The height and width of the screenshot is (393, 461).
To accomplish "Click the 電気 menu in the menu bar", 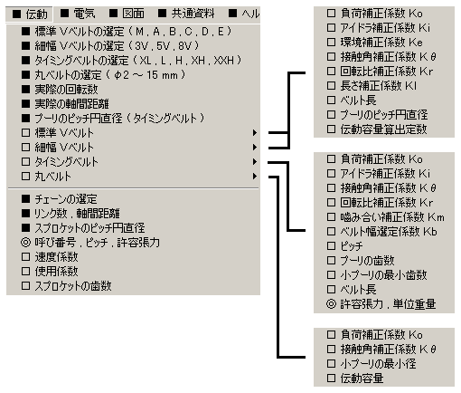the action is coord(84,14).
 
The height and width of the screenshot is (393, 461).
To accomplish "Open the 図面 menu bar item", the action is coord(133,14).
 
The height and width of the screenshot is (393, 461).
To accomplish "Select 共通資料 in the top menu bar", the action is coord(193,14).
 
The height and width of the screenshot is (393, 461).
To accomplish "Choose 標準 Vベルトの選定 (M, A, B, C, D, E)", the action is coord(133,31).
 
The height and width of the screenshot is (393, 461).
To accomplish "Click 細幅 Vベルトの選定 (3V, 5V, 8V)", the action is coord(117,45).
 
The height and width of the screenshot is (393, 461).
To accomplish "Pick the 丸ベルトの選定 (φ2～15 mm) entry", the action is coord(109,74).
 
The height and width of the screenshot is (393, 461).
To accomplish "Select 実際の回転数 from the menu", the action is coord(66,89).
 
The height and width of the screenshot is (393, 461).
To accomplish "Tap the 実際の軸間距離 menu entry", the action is coord(71,103).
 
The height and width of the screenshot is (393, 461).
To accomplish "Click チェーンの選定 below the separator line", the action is coord(66,199).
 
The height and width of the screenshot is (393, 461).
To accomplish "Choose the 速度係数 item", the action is coord(56,257).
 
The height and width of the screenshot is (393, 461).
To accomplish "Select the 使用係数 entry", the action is coord(56,272).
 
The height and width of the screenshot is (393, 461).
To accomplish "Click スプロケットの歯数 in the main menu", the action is coord(73,286).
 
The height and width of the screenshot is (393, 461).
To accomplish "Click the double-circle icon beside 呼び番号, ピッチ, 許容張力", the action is coord(25,243).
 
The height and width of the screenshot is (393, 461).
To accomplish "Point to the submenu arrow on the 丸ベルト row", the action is coord(255,176).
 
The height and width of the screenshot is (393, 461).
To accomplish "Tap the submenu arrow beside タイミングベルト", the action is coord(255,161).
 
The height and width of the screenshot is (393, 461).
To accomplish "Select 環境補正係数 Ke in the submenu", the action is coord(381,43).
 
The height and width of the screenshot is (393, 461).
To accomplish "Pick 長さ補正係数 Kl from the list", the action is coord(379,86).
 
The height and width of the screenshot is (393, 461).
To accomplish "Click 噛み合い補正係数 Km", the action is coord(392,216).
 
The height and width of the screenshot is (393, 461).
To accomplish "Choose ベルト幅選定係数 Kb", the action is coord(389,231).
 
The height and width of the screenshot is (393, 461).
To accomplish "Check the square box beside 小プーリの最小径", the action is coord(331,363).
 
